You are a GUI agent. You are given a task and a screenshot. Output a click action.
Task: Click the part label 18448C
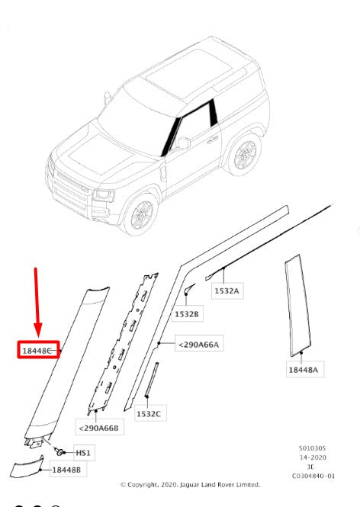[37, 350]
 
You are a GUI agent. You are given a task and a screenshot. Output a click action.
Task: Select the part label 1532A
[227, 290]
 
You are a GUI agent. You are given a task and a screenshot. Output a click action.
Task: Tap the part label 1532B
[187, 314]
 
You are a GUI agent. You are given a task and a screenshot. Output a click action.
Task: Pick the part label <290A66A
[198, 345]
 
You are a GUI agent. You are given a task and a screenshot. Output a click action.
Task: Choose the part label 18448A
[304, 370]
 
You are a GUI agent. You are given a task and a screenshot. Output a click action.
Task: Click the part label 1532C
[149, 413]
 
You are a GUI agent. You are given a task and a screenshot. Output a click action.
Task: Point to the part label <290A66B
[98, 428]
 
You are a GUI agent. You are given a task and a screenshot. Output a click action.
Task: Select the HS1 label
[83, 453]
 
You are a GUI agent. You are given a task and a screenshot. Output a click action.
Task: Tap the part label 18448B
[66, 470]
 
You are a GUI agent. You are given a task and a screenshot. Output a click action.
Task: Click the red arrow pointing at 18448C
[37, 303]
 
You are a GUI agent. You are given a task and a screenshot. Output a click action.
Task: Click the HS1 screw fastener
[59, 451]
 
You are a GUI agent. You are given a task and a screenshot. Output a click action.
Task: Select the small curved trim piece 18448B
[27, 467]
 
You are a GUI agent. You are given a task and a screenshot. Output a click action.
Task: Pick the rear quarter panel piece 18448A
[297, 306]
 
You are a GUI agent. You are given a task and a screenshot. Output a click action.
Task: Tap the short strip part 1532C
[152, 380]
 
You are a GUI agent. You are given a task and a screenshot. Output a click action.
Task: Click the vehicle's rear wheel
[245, 155]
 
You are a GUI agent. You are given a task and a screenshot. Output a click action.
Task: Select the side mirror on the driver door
[183, 143]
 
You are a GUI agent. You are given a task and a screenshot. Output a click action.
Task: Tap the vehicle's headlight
[104, 195]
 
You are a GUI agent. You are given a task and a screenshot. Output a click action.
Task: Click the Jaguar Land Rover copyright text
[190, 485]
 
